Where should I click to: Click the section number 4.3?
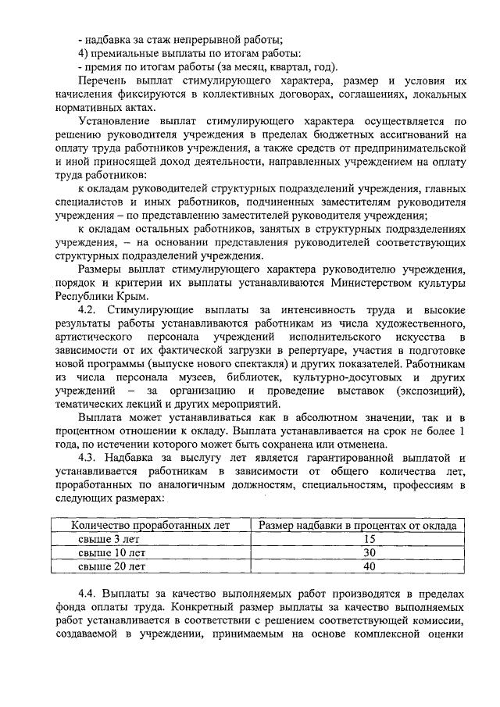[92, 457]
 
